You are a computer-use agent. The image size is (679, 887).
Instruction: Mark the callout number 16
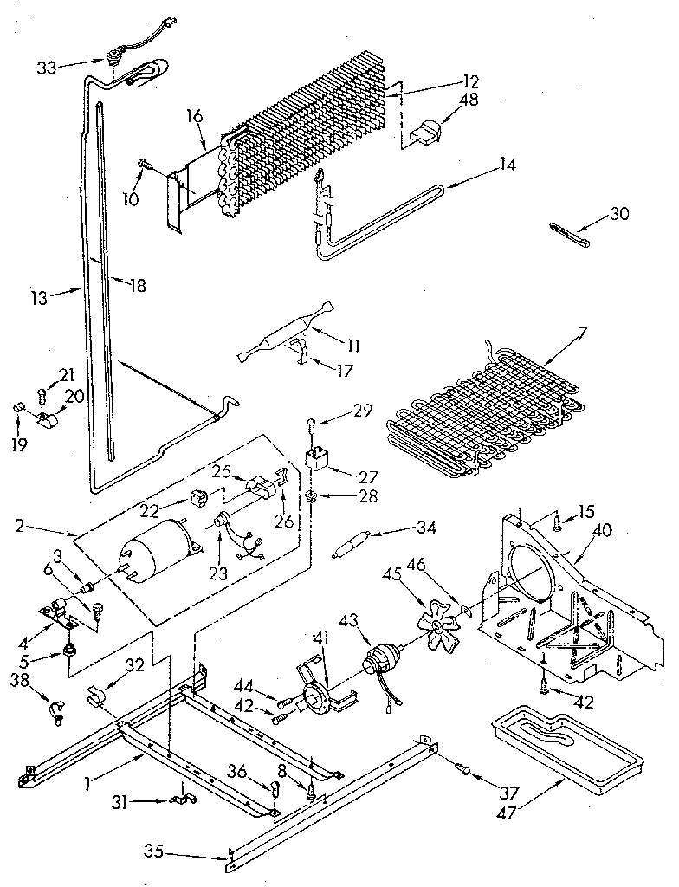[x=196, y=113]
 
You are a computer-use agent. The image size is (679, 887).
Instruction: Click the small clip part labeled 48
[x=427, y=133]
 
